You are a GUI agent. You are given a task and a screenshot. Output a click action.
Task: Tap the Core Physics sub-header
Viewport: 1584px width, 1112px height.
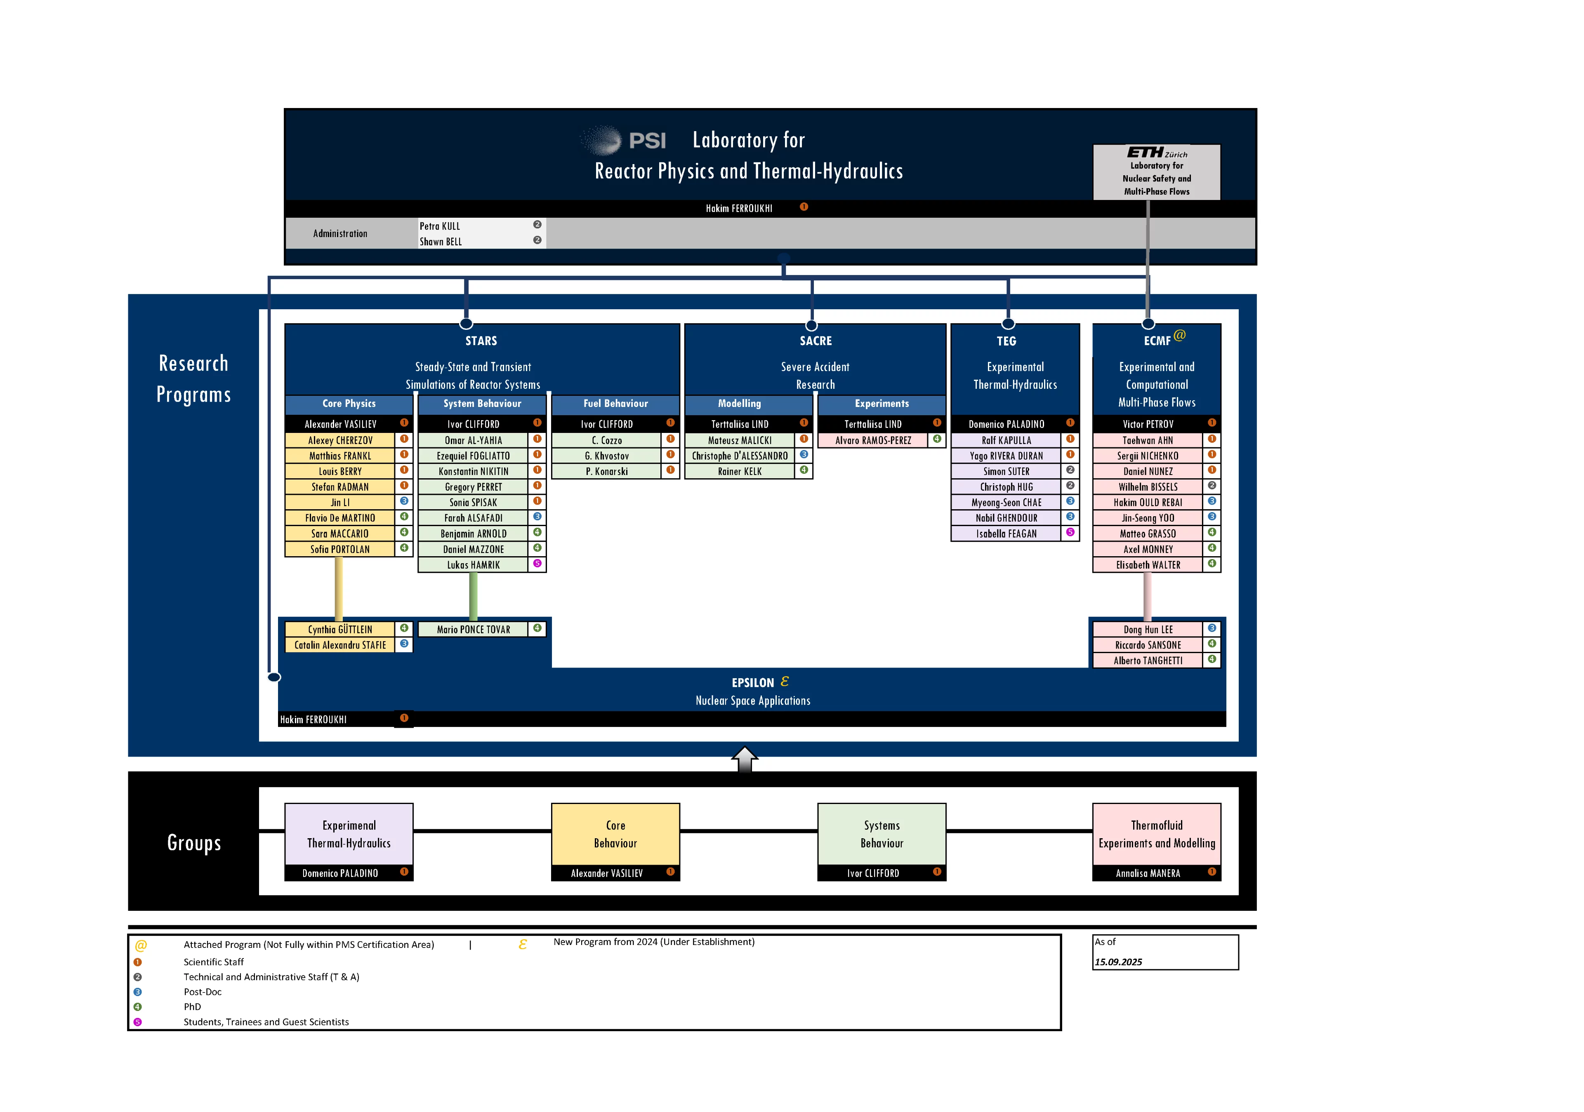(x=349, y=403)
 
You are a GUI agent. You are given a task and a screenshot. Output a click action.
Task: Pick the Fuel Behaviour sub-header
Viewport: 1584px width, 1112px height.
(x=615, y=403)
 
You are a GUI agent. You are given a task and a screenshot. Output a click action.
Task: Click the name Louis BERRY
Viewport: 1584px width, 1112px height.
(x=340, y=472)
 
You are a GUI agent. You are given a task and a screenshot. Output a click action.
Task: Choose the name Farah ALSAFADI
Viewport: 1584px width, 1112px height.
(x=473, y=518)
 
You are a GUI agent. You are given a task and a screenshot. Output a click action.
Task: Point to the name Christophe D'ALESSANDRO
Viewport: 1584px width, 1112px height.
(x=740, y=456)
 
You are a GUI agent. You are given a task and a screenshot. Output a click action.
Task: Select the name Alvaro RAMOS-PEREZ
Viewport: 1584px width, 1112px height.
(x=873, y=440)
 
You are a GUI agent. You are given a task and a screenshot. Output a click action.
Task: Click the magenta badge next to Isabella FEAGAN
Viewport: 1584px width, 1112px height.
(x=1070, y=532)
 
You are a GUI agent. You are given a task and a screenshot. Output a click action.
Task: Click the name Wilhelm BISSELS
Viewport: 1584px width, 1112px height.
(x=1148, y=487)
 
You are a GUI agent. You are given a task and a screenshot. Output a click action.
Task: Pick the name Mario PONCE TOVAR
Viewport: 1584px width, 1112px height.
(x=473, y=630)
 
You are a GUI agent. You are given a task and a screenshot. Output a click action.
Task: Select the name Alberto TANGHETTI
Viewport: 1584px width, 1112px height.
(x=1148, y=661)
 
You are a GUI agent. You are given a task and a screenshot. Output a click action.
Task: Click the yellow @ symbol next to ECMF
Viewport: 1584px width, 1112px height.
(x=1180, y=335)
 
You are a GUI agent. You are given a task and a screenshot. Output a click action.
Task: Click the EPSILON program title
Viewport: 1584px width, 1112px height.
(x=753, y=682)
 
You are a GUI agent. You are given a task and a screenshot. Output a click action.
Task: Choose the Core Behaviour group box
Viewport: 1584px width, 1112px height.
(x=615, y=834)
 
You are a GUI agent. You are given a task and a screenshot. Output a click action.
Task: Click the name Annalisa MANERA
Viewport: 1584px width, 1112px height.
(x=1148, y=873)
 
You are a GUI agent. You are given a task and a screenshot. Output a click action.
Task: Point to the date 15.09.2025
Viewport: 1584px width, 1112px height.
(x=1118, y=962)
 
